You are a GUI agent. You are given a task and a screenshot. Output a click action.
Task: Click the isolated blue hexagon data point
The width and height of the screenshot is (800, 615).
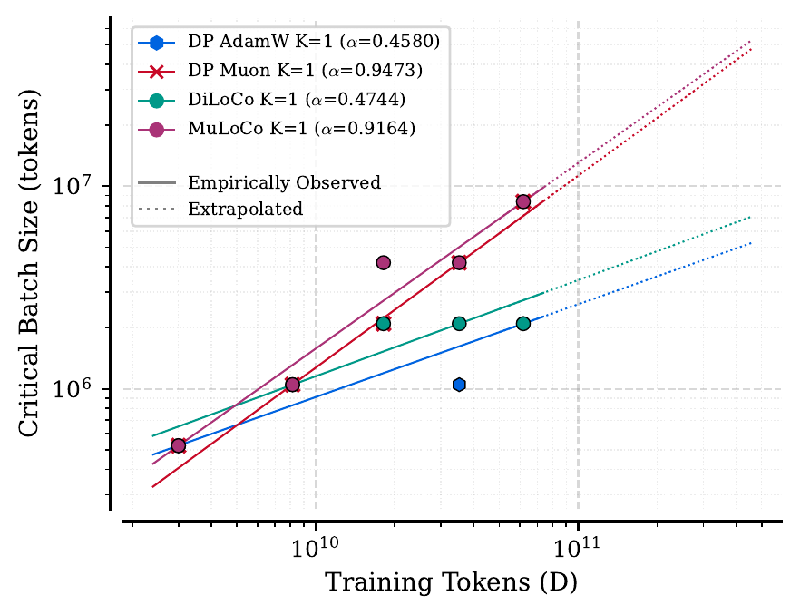pyautogui.click(x=459, y=385)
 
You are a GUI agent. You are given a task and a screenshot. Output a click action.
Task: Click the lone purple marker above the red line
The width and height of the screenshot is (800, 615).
pyautogui.click(x=383, y=263)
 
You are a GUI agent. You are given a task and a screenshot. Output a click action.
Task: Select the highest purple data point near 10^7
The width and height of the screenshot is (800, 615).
pyautogui.click(x=522, y=201)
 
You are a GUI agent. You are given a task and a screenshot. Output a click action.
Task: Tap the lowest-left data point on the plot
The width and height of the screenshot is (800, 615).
pyautogui.click(x=179, y=445)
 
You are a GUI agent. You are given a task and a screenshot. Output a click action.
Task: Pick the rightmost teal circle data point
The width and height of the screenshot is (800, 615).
pyautogui.click(x=522, y=324)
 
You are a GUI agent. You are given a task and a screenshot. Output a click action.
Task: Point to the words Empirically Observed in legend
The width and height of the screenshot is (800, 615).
pyautogui.click(x=284, y=183)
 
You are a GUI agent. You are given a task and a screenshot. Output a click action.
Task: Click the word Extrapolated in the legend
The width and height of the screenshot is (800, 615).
pyautogui.click(x=245, y=210)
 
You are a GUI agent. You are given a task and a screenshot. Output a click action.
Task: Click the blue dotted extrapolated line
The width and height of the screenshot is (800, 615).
pyautogui.click(x=653, y=277)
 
